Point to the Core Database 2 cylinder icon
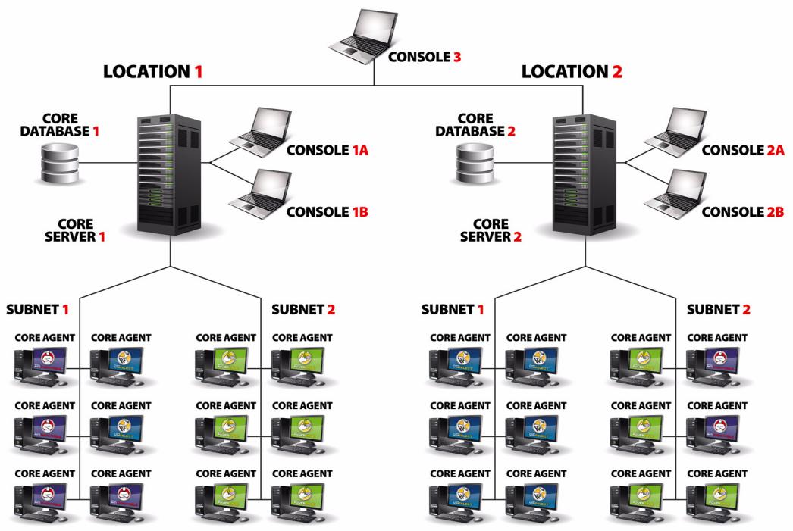pyautogui.click(x=474, y=164)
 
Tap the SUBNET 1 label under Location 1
pyautogui.click(x=38, y=310)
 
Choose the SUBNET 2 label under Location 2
pyautogui.click(x=717, y=310)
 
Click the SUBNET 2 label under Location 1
pyautogui.click(x=303, y=310)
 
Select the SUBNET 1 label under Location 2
pyautogui.click(x=453, y=310)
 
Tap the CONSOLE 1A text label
pyautogui.click(x=327, y=150)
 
